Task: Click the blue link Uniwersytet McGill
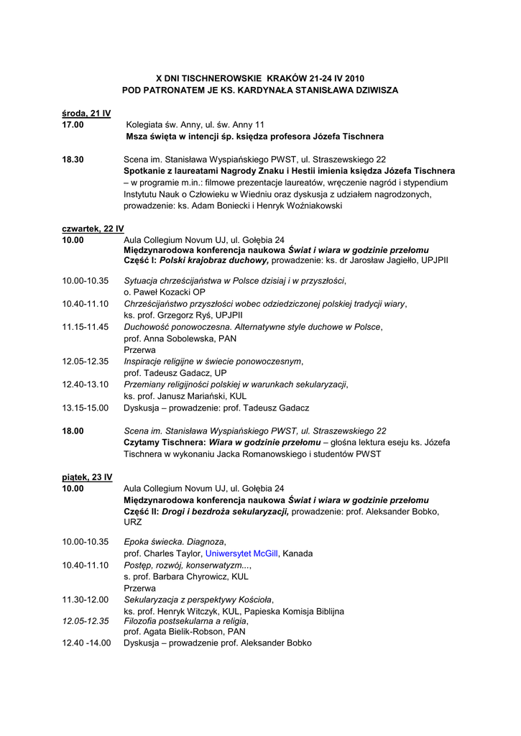241,553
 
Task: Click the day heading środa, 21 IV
86,113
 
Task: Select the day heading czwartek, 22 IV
93,228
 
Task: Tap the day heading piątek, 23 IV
87,477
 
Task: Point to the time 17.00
73,124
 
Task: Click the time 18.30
73,159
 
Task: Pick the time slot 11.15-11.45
85,326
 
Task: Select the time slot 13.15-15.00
85,408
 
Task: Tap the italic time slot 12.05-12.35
85,620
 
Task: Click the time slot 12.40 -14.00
86,643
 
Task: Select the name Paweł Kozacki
160,292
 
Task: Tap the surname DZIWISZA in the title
368,90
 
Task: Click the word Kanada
298,553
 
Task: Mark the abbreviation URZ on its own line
133,523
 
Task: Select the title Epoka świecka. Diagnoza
175,542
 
